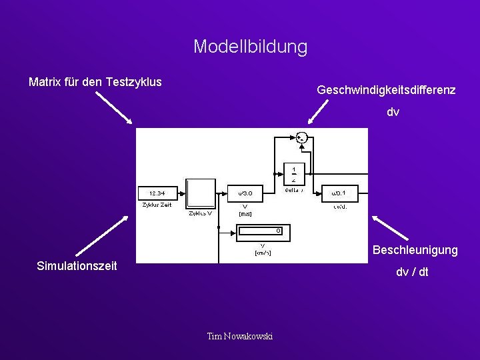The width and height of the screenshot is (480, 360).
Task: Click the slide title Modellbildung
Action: click(250, 47)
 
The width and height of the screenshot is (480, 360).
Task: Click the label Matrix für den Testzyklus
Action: click(95, 82)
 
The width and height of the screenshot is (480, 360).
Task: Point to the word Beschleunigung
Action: click(415, 250)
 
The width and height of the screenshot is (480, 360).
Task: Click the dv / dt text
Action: click(412, 272)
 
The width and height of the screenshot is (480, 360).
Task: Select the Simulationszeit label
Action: click(77, 266)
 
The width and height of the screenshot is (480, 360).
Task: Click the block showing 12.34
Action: click(157, 193)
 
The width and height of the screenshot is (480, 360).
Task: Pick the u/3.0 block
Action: click(245, 193)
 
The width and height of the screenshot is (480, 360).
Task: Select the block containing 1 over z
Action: click(294, 173)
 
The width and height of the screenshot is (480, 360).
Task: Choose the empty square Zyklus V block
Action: click(201, 194)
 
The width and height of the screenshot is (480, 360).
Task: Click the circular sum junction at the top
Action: click(301, 138)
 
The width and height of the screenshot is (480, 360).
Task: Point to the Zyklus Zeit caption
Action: click(157, 205)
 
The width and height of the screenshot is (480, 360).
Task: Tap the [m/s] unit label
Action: click(245, 214)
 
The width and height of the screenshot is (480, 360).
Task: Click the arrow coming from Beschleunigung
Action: click(390, 227)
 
